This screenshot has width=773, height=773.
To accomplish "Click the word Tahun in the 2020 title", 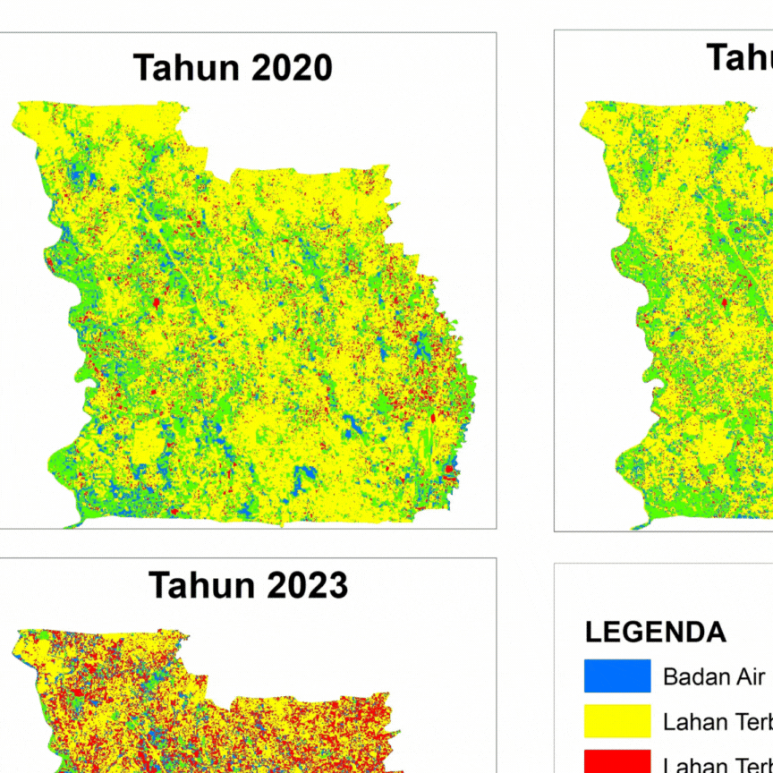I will (x=181, y=68).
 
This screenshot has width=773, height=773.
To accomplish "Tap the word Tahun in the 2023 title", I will (x=196, y=585).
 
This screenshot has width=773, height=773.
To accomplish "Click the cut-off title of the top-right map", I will (x=739, y=57).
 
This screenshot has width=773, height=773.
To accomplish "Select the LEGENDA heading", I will (x=655, y=632).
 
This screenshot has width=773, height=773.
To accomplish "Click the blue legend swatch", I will (x=617, y=676).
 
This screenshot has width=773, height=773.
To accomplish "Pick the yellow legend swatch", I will (x=617, y=721).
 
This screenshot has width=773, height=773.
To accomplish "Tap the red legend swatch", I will (x=617, y=761).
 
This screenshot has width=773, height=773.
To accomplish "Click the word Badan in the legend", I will (x=693, y=676).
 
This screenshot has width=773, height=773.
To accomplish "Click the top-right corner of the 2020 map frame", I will (x=496, y=33).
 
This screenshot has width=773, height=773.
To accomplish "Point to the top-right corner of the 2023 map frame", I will (x=496, y=559).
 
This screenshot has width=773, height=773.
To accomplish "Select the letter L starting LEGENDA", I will (x=592, y=632).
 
